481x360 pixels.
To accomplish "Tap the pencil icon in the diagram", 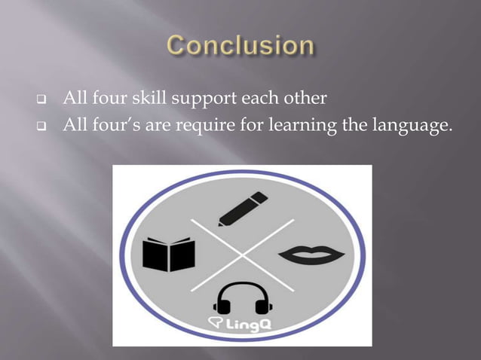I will coord(244,209).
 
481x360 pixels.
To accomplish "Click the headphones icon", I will coord(242,299).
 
